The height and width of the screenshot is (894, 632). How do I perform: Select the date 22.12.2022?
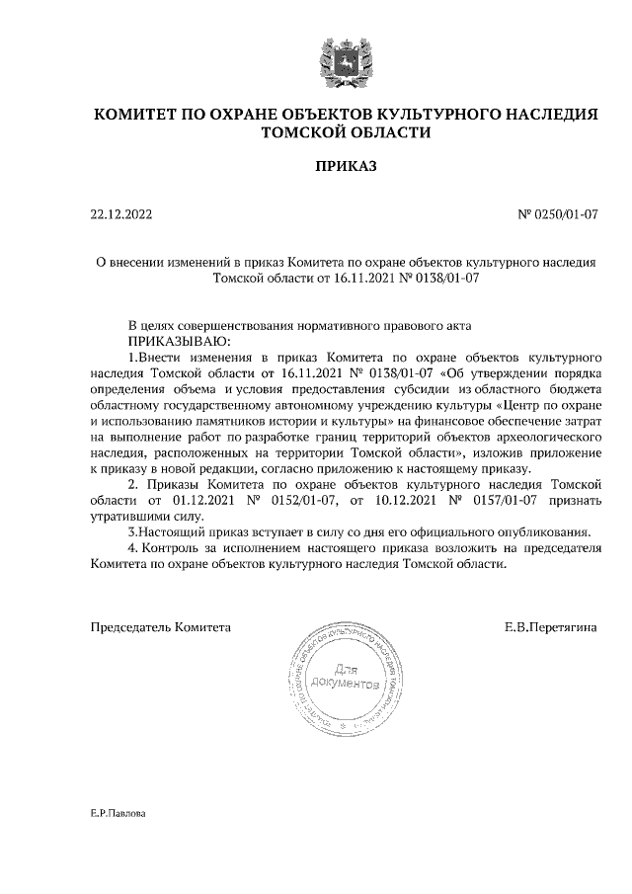[x=120, y=213]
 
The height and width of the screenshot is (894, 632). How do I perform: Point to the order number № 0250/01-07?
[x=558, y=213]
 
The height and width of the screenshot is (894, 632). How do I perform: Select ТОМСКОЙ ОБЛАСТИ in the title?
[x=345, y=132]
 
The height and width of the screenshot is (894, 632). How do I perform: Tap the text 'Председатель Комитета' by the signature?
[x=160, y=626]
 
